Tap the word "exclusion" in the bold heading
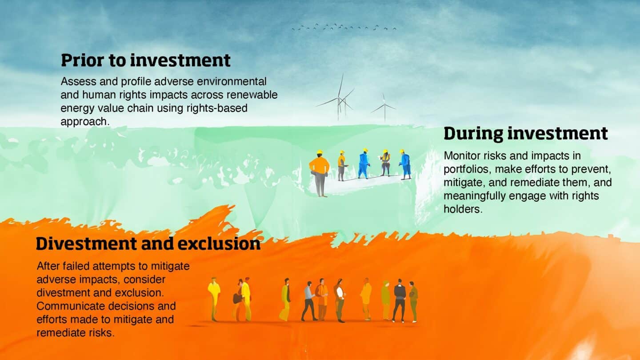click(219, 244)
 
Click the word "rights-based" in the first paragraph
click(217, 108)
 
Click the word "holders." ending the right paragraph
click(463, 209)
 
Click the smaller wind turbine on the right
click(384, 108)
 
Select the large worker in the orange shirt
click(320, 173)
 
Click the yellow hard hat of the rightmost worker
click(402, 151)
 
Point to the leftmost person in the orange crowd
click(214, 299)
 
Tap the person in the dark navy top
click(399, 300)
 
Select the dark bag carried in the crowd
click(237, 298)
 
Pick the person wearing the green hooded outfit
click(385, 300)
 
